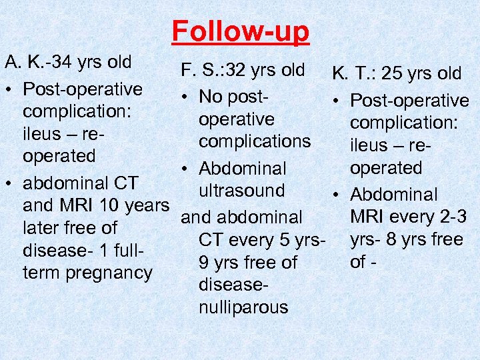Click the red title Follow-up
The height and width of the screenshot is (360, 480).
[241, 31]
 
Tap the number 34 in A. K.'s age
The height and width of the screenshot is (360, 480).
[66, 63]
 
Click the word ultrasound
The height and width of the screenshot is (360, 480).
[242, 191]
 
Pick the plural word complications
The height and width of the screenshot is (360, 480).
[255, 141]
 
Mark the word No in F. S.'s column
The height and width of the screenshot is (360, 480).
[211, 97]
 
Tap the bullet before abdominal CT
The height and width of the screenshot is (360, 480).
[10, 183]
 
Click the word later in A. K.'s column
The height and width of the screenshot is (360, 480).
[43, 228]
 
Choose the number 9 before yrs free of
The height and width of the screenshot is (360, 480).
[204, 263]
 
